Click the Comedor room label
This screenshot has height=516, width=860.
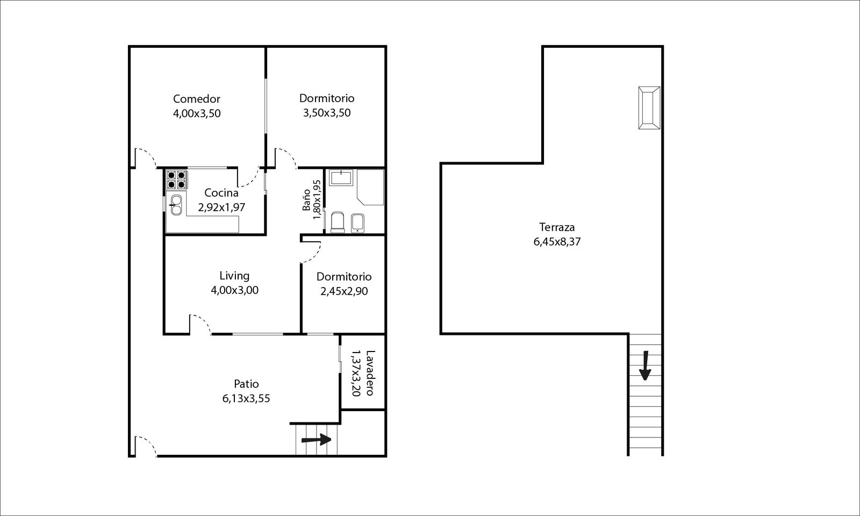pyautogui.click(x=197, y=99)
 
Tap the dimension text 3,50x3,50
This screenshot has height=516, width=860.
pyautogui.click(x=327, y=113)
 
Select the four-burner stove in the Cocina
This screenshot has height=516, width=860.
pyautogui.click(x=177, y=180)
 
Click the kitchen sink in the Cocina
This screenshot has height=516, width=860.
pyautogui.click(x=176, y=205)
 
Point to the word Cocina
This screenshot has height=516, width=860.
pyautogui.click(x=221, y=193)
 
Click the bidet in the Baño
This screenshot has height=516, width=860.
pyautogui.click(x=358, y=223)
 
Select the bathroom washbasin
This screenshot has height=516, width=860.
pyautogui.click(x=341, y=178)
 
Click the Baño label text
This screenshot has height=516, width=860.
pyautogui.click(x=306, y=200)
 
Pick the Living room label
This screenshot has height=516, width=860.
pyautogui.click(x=234, y=276)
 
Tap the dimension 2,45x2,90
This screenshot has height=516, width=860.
pyautogui.click(x=344, y=291)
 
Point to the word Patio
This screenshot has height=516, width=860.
pyautogui.click(x=246, y=384)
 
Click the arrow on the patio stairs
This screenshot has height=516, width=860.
pyautogui.click(x=317, y=440)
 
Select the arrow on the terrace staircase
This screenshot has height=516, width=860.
pyautogui.click(x=645, y=365)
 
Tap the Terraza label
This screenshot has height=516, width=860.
pyautogui.click(x=557, y=227)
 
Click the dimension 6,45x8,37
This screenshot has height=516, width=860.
pyautogui.click(x=557, y=242)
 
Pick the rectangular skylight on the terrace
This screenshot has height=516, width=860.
pyautogui.click(x=649, y=108)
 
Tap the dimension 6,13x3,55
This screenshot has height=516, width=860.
pyautogui.click(x=246, y=398)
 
